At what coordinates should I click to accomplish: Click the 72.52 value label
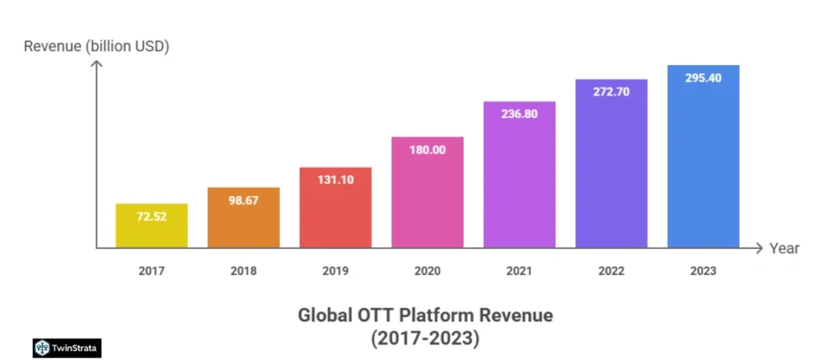tap(152, 218)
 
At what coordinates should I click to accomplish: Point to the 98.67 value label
tap(244, 201)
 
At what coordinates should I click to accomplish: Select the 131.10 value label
tap(336, 181)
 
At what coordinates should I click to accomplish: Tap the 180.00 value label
tap(428, 150)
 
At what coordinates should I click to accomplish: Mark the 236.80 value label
tap(519, 114)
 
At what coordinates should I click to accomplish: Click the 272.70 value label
tap(612, 92)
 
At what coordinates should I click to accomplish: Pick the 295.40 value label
tap(703, 78)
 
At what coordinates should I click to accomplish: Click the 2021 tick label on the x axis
tap(519, 271)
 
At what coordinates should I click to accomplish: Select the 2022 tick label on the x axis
tap(612, 271)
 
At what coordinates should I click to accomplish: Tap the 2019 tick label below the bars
tap(336, 271)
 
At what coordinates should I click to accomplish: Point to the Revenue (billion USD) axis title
tap(96, 46)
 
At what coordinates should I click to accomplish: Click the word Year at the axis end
tap(784, 248)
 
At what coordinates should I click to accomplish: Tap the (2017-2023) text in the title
tap(425, 339)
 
